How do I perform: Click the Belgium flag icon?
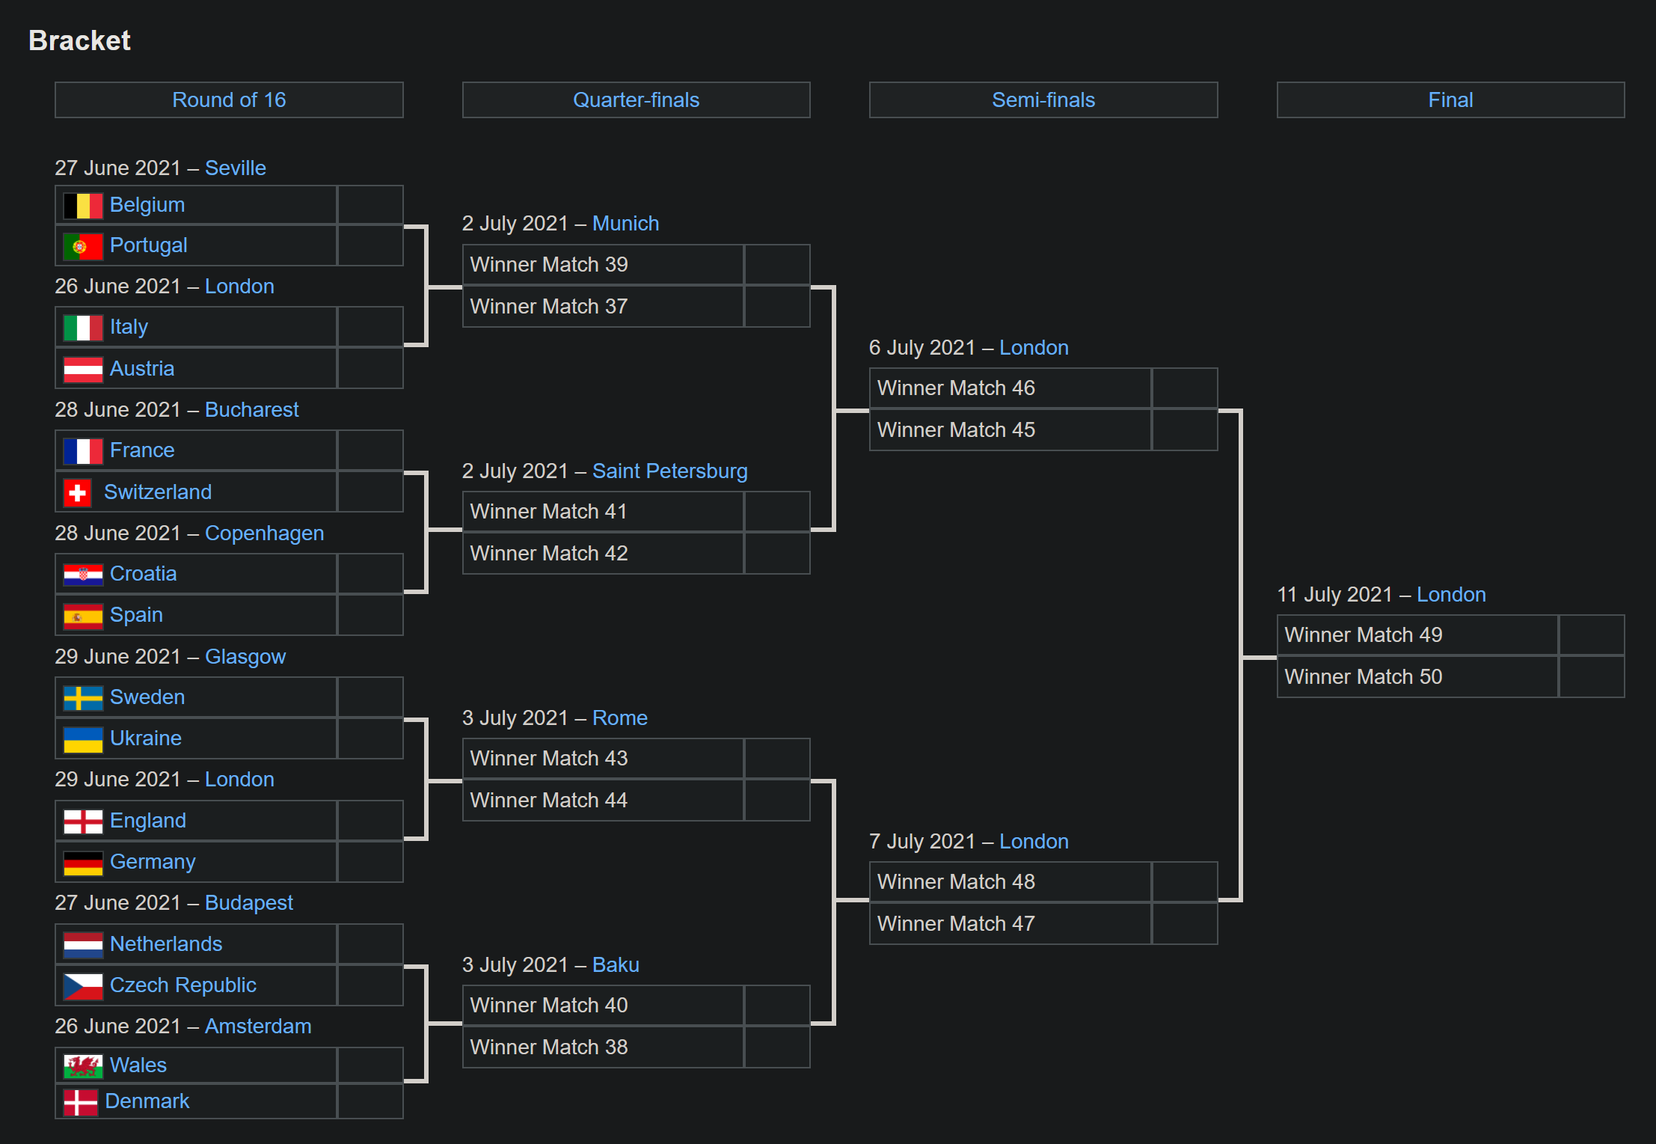(x=82, y=206)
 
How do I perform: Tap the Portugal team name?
(x=148, y=245)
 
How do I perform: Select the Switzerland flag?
(x=77, y=492)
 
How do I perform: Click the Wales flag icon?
(x=82, y=1065)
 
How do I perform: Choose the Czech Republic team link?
(x=183, y=985)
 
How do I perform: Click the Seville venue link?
(x=235, y=168)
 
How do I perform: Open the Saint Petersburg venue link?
(x=669, y=471)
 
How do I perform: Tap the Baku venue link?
(x=615, y=964)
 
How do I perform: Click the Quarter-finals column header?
(x=636, y=100)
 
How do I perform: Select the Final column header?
(x=1450, y=100)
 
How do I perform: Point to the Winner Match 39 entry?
(x=548, y=265)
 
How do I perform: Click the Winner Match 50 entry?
(x=1363, y=677)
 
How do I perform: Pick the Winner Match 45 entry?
(x=955, y=430)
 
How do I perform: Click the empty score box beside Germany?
(x=369, y=862)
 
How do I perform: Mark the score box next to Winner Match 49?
(x=1590, y=635)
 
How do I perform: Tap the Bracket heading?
(x=79, y=40)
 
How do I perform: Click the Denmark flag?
(x=80, y=1102)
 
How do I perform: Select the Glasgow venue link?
(x=245, y=656)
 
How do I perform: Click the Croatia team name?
(x=143, y=574)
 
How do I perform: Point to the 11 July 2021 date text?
(x=1334, y=595)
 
